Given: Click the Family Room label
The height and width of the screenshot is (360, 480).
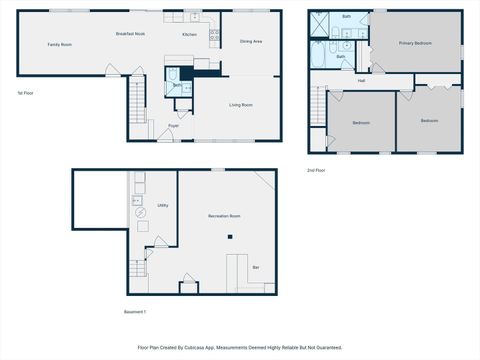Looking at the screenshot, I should point(59,45).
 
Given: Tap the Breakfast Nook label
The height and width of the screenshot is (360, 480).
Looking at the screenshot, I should point(130,34).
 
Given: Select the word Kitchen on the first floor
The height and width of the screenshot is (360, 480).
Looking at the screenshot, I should point(188,35).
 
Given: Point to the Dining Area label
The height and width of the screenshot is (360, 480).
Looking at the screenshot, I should point(251,41).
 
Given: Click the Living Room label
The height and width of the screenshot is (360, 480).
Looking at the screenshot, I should point(240,104).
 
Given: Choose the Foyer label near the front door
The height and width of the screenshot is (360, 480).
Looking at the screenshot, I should point(173,126).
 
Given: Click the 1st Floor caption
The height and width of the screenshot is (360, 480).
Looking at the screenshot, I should point(27,93).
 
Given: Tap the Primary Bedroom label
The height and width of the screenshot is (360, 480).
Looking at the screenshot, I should point(415,44).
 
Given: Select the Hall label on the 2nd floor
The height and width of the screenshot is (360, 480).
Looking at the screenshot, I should point(361,81).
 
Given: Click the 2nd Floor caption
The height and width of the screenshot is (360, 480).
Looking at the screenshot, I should point(317,170).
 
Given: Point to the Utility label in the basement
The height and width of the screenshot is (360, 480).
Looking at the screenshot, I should point(162,205).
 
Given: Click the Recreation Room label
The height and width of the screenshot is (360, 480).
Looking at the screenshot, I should point(225,216).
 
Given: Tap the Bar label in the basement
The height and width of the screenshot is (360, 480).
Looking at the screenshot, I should point(256,267).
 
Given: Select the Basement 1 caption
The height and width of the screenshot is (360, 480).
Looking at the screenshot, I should point(135,311).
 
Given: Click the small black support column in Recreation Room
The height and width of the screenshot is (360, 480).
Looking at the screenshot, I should point(230,237).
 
